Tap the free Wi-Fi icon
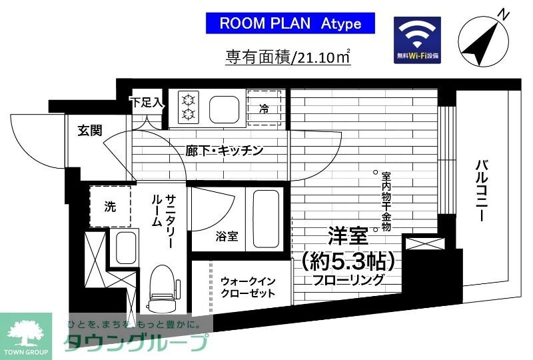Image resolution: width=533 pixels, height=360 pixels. pos(417,41)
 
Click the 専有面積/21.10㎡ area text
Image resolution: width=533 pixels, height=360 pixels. pos(288,57)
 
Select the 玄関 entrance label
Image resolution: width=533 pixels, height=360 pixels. pos(89,131)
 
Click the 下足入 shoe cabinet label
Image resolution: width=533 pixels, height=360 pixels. pos(146,103)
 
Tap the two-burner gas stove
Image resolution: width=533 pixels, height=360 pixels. pos(188,108)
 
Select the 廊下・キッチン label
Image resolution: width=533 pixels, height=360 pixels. pos(224,151)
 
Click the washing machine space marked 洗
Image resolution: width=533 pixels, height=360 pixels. pos(110,207)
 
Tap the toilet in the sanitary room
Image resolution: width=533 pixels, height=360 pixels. pos(161,288)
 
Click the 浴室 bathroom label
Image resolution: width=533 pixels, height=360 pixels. pos(227,236)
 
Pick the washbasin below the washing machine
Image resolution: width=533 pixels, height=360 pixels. pos(125,248)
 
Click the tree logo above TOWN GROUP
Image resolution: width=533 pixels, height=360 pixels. pos(25,331)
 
